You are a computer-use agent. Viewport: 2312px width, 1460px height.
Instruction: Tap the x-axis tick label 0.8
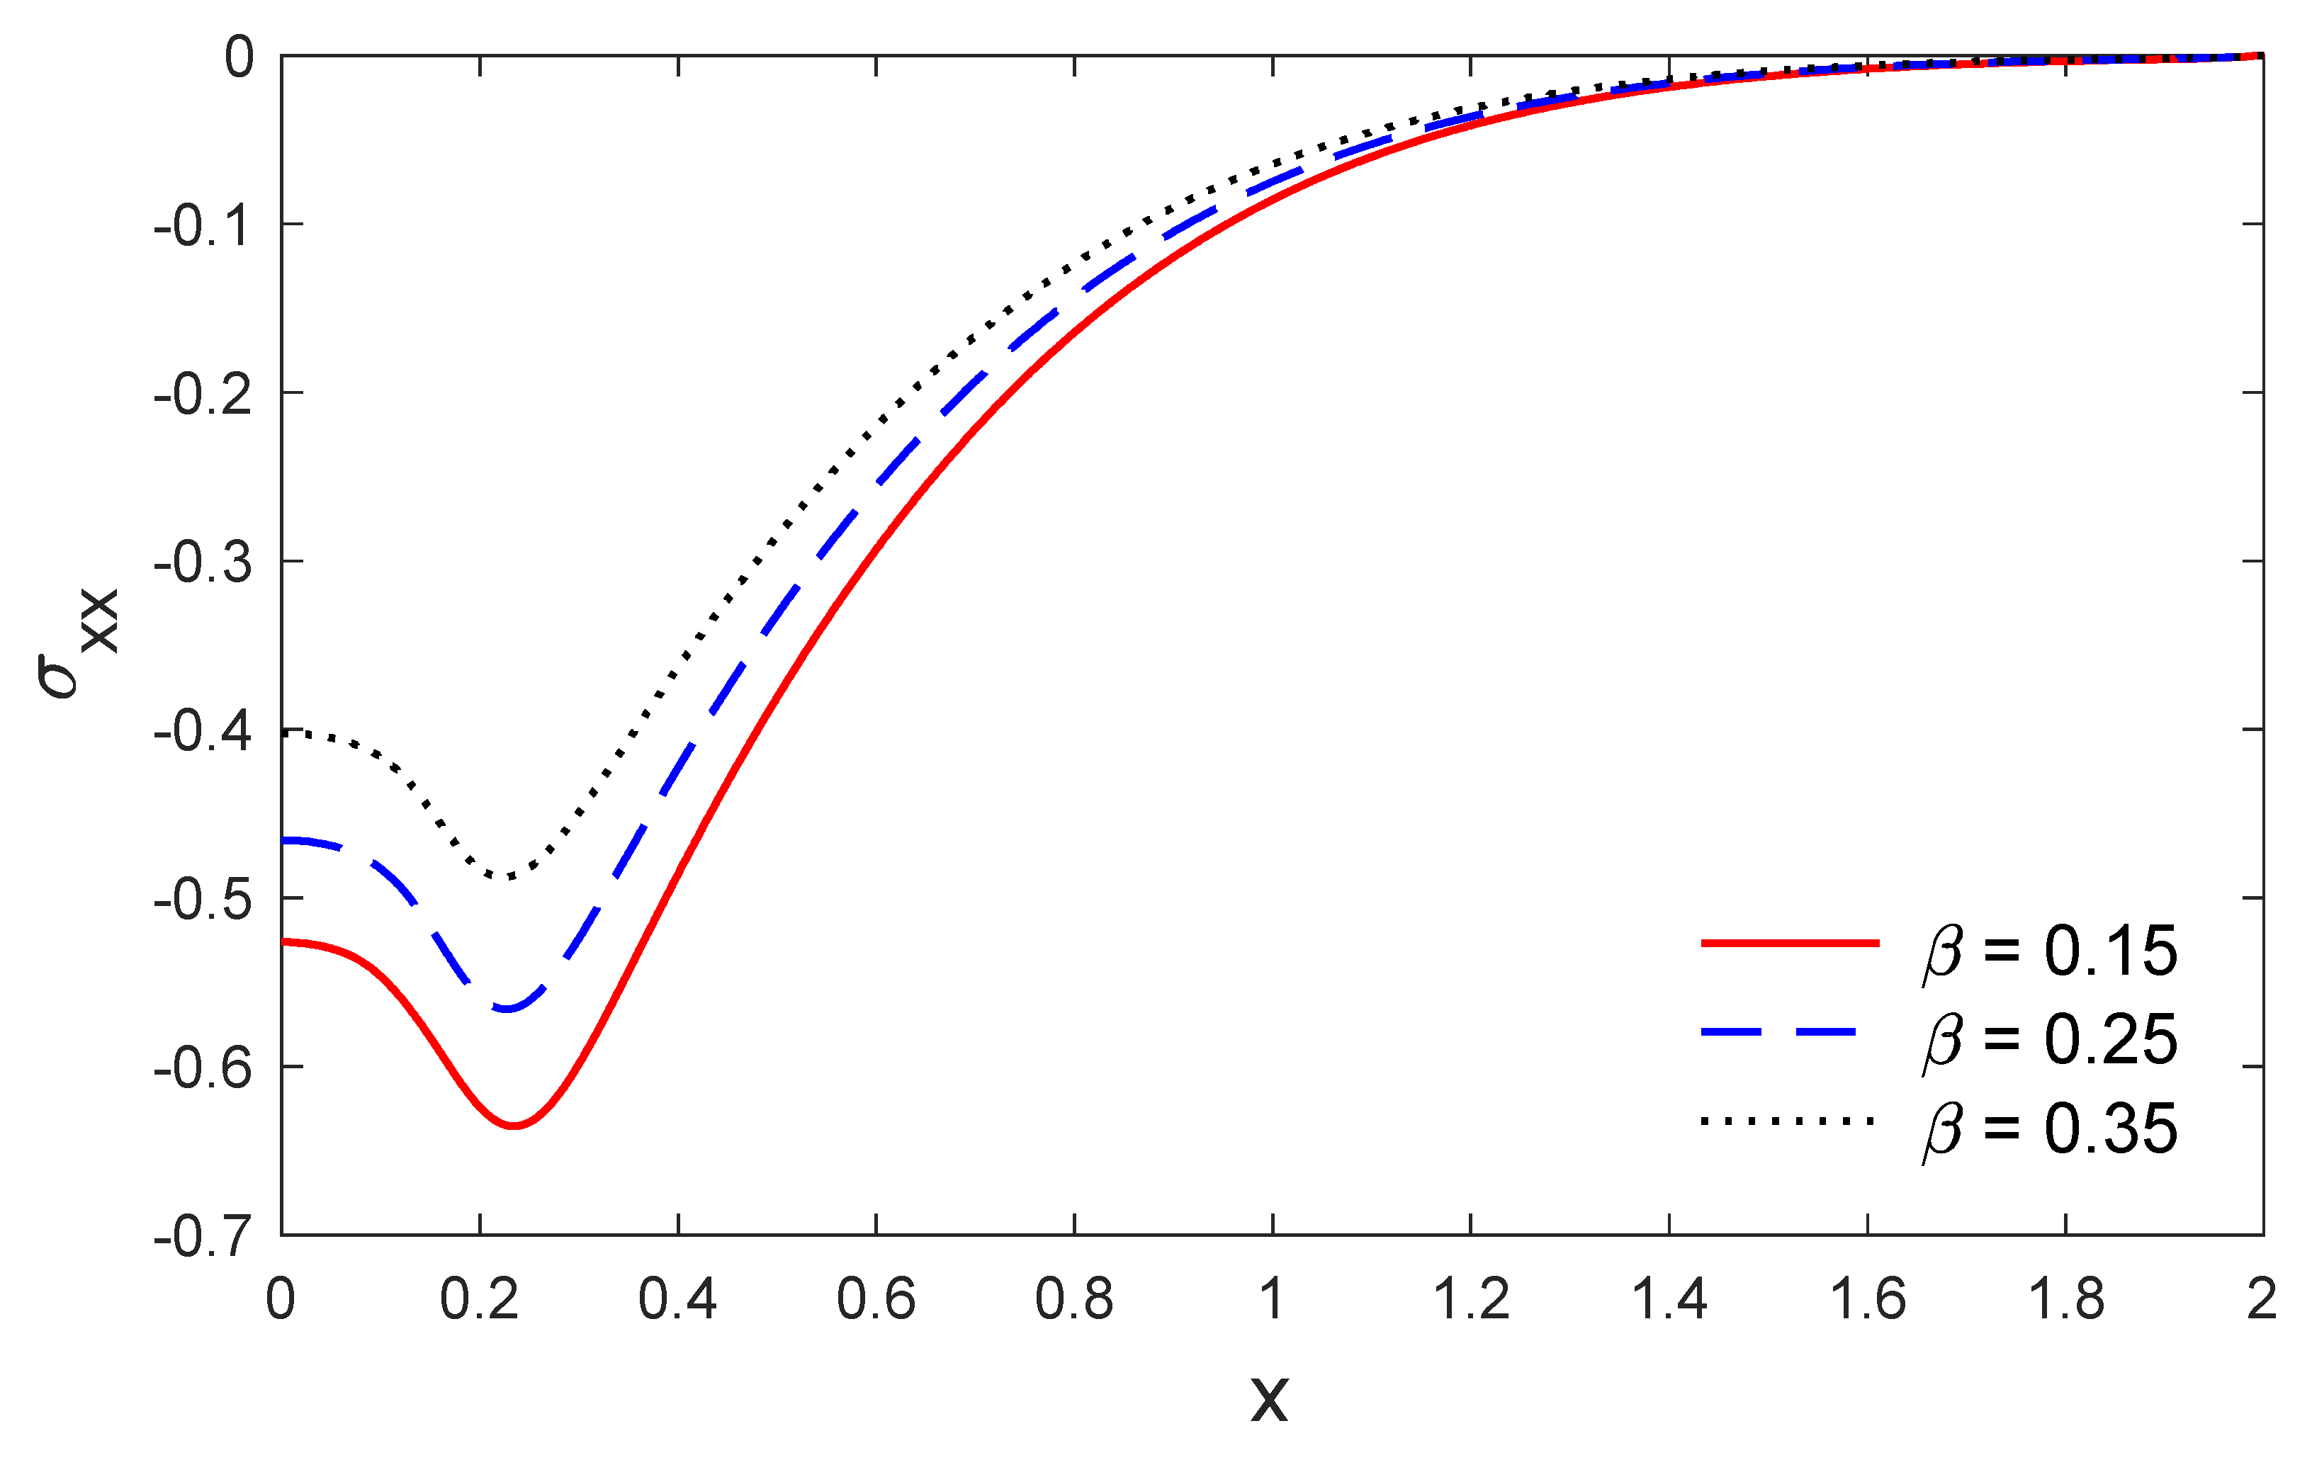(1073, 1300)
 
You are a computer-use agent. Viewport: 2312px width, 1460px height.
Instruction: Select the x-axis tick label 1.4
(1669, 1300)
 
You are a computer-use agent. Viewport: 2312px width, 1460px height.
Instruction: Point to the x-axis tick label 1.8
(2065, 1300)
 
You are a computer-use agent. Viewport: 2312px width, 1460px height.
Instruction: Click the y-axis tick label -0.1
(203, 227)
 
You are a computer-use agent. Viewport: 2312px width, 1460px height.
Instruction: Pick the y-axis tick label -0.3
(203, 563)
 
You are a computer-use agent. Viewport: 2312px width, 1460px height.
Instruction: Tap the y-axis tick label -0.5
(203, 900)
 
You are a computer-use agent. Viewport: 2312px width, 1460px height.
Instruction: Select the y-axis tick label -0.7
(203, 1238)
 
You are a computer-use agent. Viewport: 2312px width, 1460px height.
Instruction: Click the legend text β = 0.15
(2049, 952)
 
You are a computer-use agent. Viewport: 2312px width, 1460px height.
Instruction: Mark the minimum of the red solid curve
(514, 1125)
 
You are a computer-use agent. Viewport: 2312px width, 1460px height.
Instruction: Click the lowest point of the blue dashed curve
(507, 1009)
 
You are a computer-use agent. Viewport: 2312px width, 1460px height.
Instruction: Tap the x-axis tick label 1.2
(1470, 1300)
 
